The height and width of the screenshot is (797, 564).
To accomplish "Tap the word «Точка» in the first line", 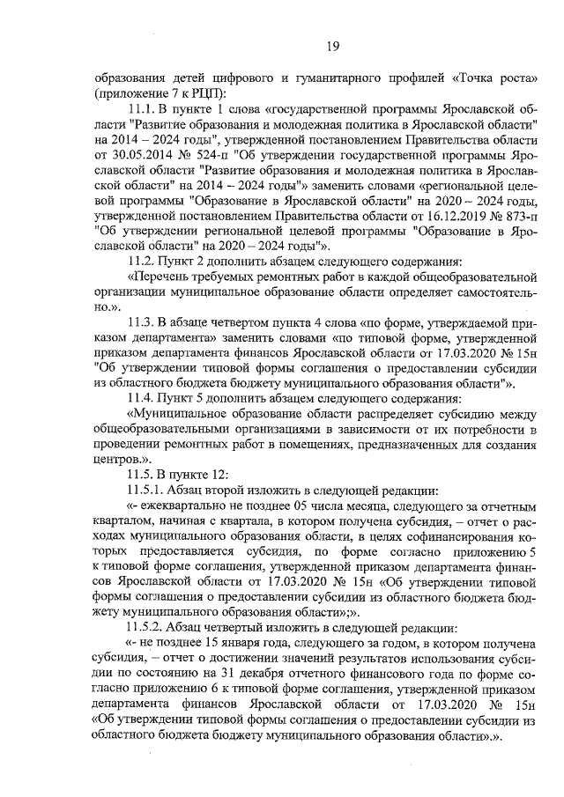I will pyautogui.click(x=472, y=77).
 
